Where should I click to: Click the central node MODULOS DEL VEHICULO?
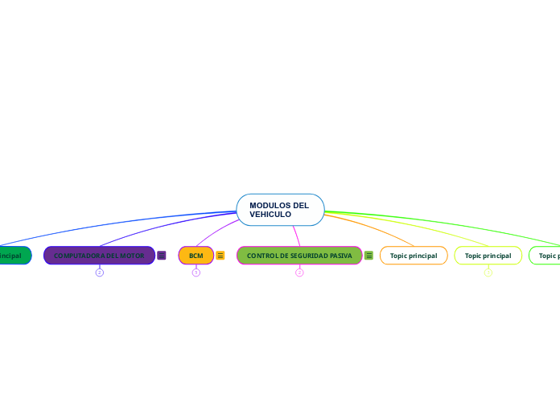click(x=280, y=210)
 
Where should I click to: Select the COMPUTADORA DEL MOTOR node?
click(x=99, y=256)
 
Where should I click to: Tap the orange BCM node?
click(x=196, y=256)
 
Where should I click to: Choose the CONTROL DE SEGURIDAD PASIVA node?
click(x=299, y=256)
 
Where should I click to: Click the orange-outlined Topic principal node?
click(x=414, y=256)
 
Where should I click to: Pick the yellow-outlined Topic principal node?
click(x=488, y=256)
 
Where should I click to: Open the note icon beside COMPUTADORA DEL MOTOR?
click(x=162, y=256)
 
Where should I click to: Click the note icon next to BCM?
click(x=220, y=256)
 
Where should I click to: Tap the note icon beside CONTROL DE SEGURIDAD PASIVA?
click(x=369, y=256)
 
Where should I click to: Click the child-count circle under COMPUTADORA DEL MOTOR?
click(x=100, y=273)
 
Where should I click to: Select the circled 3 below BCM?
click(x=196, y=273)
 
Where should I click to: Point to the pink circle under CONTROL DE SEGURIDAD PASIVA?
click(x=299, y=273)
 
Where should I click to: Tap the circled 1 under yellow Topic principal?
click(x=488, y=273)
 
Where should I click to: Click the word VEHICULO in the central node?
click(x=270, y=215)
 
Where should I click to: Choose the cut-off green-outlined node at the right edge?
click(x=547, y=256)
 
